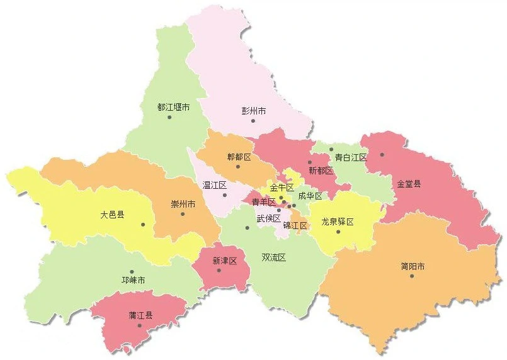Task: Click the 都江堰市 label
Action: click(x=173, y=108)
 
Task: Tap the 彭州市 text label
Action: click(x=254, y=111)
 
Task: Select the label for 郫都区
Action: click(x=239, y=157)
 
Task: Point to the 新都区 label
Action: click(x=321, y=171)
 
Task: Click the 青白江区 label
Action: click(x=350, y=157)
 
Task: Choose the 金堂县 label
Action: click(x=409, y=184)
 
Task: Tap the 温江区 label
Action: click(x=214, y=185)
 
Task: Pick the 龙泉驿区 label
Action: click(x=338, y=222)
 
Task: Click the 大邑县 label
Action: click(x=112, y=215)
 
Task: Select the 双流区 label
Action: click(x=274, y=257)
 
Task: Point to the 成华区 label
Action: click(x=310, y=196)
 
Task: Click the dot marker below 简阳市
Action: click(x=412, y=276)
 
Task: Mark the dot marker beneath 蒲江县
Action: click(x=140, y=325)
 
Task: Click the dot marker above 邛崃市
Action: click(x=132, y=271)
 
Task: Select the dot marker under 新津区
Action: click(x=219, y=271)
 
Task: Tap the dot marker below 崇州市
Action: click(x=183, y=214)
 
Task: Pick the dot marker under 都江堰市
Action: click(x=169, y=117)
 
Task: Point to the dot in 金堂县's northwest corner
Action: click(x=382, y=155)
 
